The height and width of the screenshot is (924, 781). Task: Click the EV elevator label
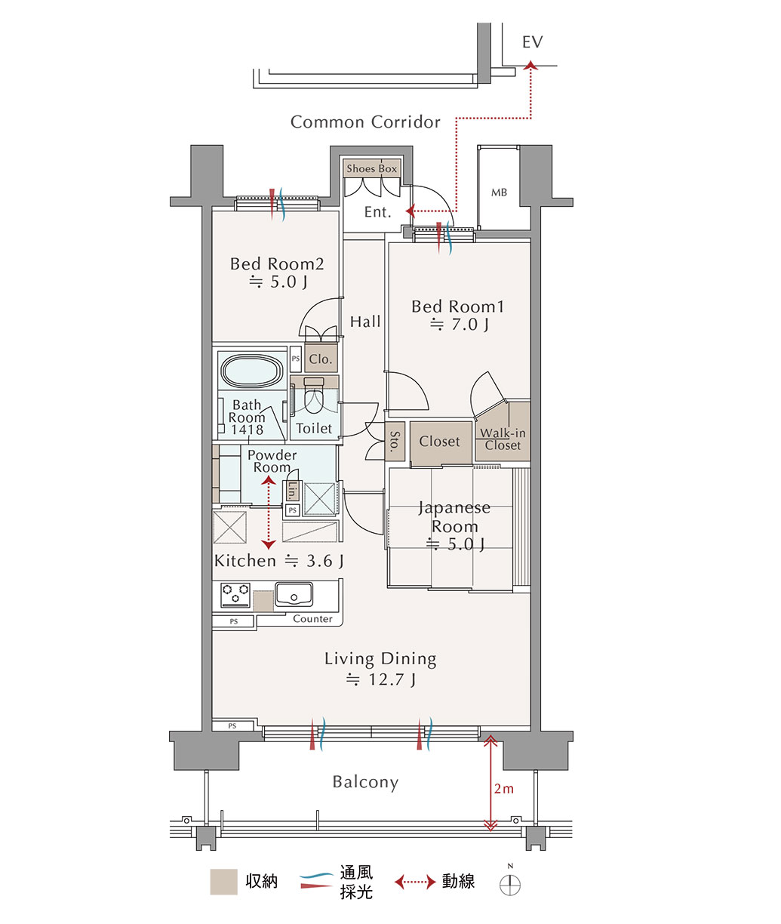pyautogui.click(x=532, y=42)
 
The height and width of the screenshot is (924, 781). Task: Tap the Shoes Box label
pyautogui.click(x=372, y=168)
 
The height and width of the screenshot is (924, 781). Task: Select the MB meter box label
pyautogui.click(x=499, y=192)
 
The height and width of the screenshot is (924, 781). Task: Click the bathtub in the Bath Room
pyautogui.click(x=253, y=371)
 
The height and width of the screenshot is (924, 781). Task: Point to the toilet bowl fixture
pyautogui.click(x=314, y=395)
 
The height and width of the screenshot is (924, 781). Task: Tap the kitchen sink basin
pyautogui.click(x=294, y=594)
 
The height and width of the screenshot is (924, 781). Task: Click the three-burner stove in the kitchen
pyautogui.click(x=235, y=595)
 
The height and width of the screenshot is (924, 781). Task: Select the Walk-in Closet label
pyautogui.click(x=503, y=439)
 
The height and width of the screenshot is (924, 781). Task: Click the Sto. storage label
pyautogui.click(x=395, y=442)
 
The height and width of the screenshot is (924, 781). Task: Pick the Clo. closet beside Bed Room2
pyautogui.click(x=321, y=359)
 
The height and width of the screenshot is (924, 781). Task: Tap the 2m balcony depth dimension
pyautogui.click(x=503, y=789)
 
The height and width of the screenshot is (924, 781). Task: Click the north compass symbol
pyautogui.click(x=510, y=885)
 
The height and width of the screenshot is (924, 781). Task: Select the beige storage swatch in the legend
pyautogui.click(x=224, y=882)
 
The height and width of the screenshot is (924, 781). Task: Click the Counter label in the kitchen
pyautogui.click(x=312, y=619)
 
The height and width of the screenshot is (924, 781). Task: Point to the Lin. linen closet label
pyautogui.click(x=292, y=491)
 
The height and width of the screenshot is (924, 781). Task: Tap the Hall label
pyautogui.click(x=365, y=322)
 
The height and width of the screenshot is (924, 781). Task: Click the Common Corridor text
pyautogui.click(x=365, y=122)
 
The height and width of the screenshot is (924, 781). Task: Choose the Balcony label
pyautogui.click(x=365, y=782)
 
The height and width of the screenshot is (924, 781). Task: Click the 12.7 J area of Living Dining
pyautogui.click(x=392, y=679)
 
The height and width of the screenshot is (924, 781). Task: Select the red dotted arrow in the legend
pyautogui.click(x=416, y=882)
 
